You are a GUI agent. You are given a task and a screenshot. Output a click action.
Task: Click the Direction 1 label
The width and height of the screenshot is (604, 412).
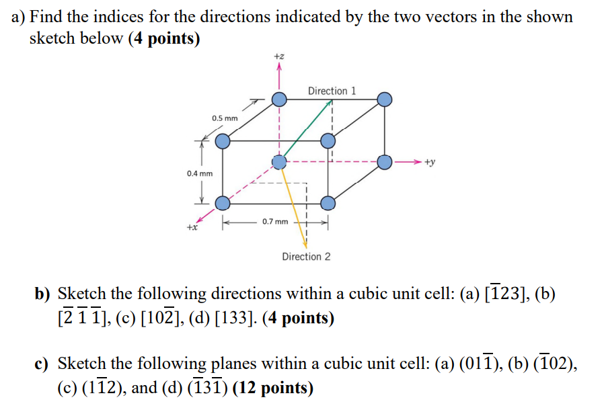332,91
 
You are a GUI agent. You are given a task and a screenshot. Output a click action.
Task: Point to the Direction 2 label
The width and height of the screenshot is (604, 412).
306,257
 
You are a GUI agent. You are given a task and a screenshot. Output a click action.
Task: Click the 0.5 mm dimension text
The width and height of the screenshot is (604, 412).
225,118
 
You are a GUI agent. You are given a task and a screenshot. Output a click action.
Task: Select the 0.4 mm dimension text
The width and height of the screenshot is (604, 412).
200,174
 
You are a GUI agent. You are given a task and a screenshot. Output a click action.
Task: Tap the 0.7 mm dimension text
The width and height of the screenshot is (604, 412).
275,221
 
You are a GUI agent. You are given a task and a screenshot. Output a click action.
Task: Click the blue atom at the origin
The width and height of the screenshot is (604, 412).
279,162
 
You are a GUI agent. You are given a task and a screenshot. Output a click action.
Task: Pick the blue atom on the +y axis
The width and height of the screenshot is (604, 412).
384,162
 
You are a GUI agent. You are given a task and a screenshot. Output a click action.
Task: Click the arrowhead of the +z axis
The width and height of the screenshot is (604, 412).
279,67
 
